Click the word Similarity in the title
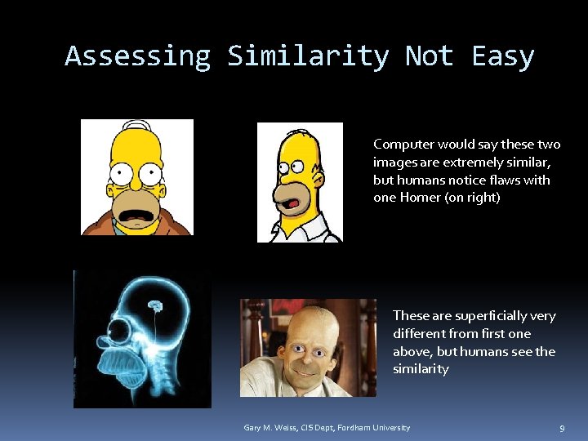click(308, 56)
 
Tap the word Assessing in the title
click(137, 56)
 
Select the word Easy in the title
click(503, 56)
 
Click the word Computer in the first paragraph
click(403, 145)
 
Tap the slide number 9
click(562, 428)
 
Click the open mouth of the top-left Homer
click(136, 216)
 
